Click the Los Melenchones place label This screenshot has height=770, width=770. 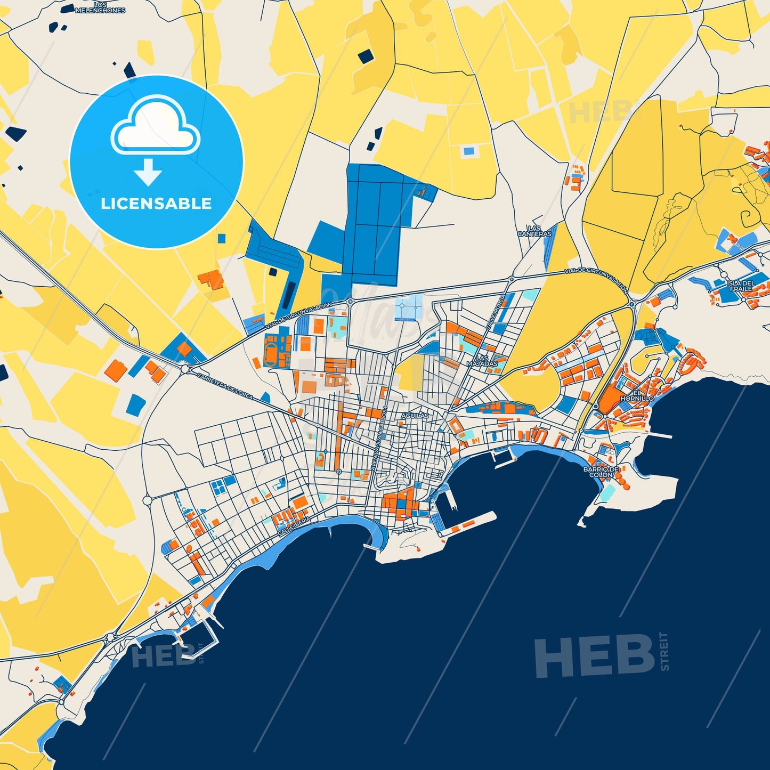point(100,7)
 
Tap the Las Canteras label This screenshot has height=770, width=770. point(534,231)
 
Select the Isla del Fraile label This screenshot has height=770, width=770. point(741,286)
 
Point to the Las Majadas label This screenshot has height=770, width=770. point(482,361)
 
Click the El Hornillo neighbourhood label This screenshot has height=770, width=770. point(636,395)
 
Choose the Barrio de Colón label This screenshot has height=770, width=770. point(601,472)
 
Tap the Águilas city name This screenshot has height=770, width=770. point(415,415)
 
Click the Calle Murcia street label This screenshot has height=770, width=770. point(495,313)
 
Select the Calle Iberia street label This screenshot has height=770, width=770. point(294,525)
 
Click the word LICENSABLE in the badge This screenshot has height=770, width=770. point(156,204)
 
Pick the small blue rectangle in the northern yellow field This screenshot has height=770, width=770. point(468,151)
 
